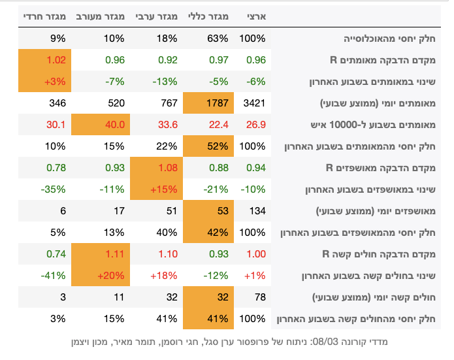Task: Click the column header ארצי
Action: (253, 16)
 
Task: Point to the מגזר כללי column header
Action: (208, 16)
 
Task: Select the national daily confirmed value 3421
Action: (253, 103)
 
